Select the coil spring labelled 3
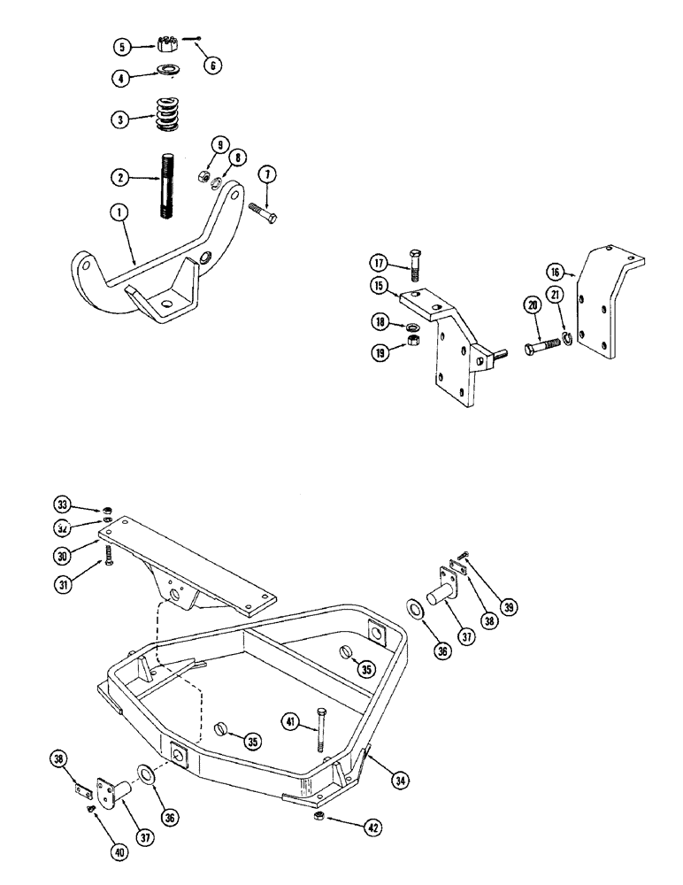(x=165, y=115)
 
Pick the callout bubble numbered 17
(x=380, y=263)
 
